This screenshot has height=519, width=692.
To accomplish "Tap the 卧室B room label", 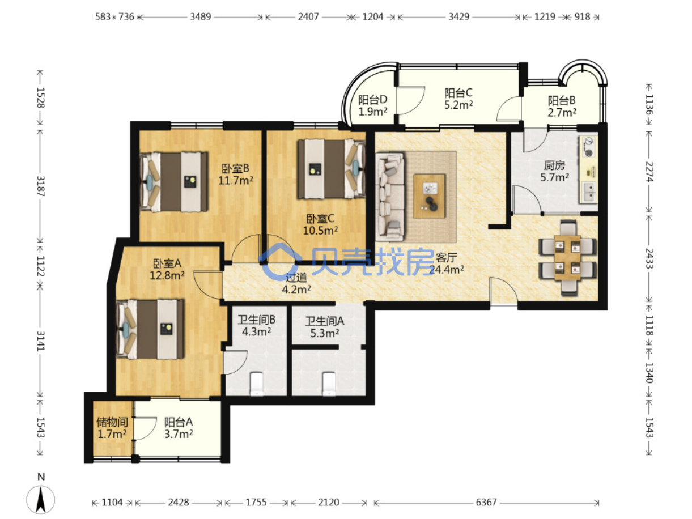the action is click(x=235, y=169).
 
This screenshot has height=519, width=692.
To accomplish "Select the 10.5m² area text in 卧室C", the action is click(x=320, y=231).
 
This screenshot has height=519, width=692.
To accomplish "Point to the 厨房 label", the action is click(x=554, y=165).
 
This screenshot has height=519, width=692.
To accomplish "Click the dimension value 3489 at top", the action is click(x=200, y=16).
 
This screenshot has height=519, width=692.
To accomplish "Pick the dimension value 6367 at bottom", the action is click(x=486, y=502).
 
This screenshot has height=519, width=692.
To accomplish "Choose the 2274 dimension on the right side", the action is click(x=649, y=172).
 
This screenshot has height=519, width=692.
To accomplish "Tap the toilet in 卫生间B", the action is click(x=256, y=384).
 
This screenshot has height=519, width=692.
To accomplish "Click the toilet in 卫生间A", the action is click(x=329, y=384).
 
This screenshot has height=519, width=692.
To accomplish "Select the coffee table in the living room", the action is click(x=429, y=196).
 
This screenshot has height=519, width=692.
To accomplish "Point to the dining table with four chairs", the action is click(x=567, y=258).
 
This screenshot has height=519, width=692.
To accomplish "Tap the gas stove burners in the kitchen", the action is click(x=588, y=147).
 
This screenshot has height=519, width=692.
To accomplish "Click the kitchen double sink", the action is click(x=588, y=192).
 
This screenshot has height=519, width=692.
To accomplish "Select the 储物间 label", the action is click(x=112, y=422).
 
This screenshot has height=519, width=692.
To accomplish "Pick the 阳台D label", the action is click(x=372, y=100).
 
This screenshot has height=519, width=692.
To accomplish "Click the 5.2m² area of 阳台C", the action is click(x=458, y=105).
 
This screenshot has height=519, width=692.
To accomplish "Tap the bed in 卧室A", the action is click(x=150, y=329).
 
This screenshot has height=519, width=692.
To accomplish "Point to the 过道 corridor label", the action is click(x=296, y=277).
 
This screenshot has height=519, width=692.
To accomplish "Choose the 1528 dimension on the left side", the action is click(x=40, y=97).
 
